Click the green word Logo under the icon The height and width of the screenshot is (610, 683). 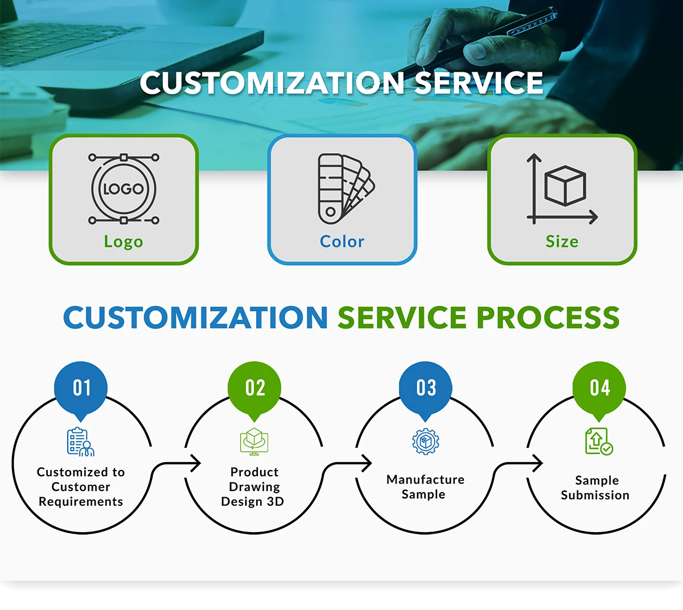[124, 242]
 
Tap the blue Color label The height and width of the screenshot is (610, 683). [341, 242]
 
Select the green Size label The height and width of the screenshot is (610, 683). [562, 242]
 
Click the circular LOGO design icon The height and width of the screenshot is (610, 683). [124, 189]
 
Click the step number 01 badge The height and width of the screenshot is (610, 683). [81, 388]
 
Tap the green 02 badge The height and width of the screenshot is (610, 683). [254, 388]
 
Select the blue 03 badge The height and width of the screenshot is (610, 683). [426, 388]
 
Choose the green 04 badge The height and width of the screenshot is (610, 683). [599, 388]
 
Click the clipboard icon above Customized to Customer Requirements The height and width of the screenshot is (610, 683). [80, 442]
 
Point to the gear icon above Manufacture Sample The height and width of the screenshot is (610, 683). [426, 442]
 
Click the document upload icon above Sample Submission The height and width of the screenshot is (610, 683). [598, 442]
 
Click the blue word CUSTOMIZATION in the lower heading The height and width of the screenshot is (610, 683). [195, 318]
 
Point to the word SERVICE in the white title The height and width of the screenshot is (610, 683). [478, 83]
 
